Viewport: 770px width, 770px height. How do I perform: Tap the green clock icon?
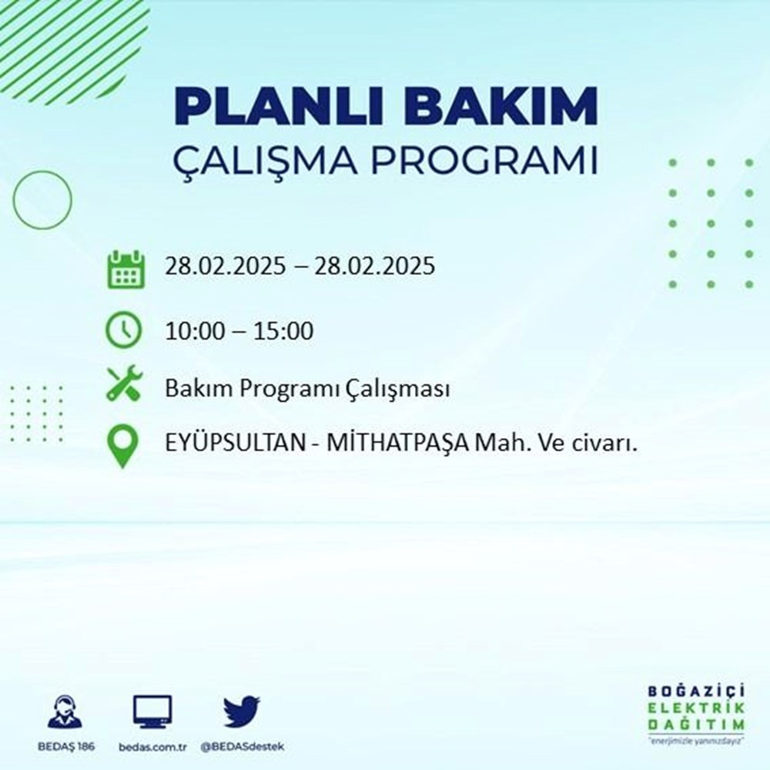click(x=123, y=330)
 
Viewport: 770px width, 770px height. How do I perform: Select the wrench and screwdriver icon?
click(x=123, y=383)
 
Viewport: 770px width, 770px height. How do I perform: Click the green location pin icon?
click(x=123, y=447)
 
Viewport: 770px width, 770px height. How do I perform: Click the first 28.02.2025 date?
click(x=223, y=266)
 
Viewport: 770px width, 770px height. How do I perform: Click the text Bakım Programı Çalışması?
click(x=307, y=390)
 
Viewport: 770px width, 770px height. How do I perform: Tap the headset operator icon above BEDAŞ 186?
click(x=66, y=711)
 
